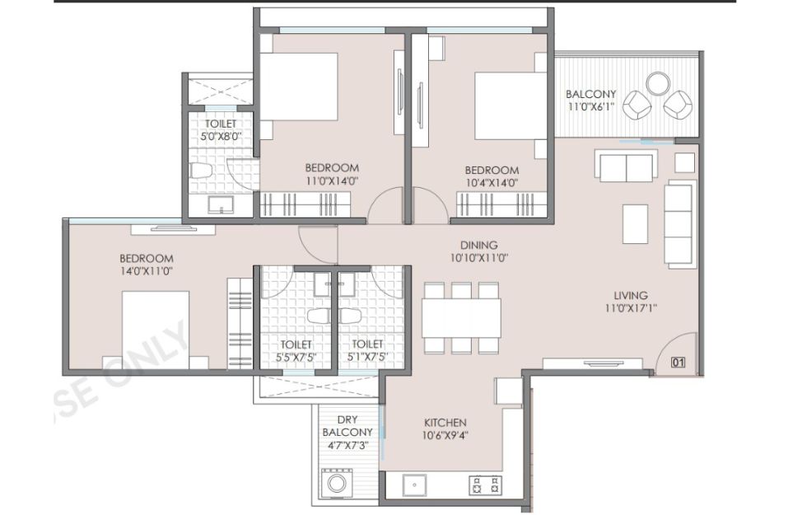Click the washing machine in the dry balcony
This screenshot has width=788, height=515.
[x=337, y=483]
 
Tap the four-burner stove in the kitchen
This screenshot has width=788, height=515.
[x=486, y=485]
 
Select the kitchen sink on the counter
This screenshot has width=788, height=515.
[x=415, y=485]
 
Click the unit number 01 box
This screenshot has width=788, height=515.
[x=678, y=362]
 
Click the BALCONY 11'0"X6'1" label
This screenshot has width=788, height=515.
[x=590, y=100]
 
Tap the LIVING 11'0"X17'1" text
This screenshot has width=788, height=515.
[x=631, y=302]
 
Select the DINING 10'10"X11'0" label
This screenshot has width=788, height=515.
[x=479, y=251]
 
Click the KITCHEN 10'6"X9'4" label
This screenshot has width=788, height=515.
[x=445, y=428]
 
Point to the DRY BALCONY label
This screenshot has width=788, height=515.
[x=347, y=426]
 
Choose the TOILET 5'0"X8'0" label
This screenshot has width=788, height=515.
[x=221, y=129]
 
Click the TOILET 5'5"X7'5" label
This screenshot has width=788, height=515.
[x=296, y=350]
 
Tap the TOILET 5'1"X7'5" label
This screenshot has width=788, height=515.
[x=367, y=350]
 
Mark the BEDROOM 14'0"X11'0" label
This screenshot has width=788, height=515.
[x=147, y=265]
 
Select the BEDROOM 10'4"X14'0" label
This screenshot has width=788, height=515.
[x=492, y=176]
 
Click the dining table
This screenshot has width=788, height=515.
[x=461, y=318]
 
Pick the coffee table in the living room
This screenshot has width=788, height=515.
[x=635, y=224]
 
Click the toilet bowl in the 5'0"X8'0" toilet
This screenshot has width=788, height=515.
[x=201, y=171]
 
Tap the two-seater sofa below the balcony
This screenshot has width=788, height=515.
[x=626, y=165]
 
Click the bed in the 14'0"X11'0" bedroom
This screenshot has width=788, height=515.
[x=156, y=330]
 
